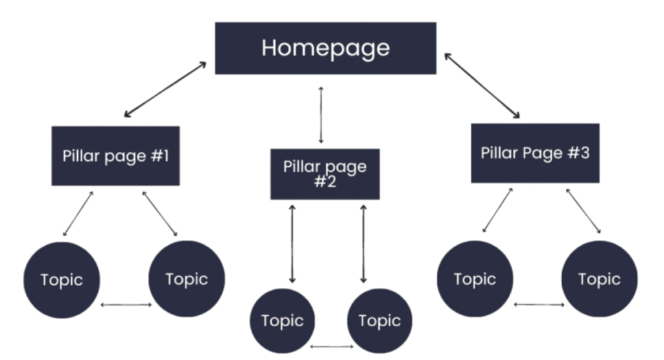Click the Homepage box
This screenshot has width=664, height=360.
tap(326, 48)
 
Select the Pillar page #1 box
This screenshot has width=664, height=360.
tap(115, 156)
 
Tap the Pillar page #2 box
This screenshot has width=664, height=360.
tap(325, 173)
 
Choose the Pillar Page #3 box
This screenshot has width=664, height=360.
tap(535, 153)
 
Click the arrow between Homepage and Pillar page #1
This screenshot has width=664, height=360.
tap(165, 90)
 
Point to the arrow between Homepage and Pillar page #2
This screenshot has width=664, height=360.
tap(320, 114)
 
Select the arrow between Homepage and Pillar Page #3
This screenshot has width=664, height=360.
tap(482, 86)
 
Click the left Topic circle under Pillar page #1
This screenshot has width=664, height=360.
tap(62, 280)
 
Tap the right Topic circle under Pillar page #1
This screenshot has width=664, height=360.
tap(187, 279)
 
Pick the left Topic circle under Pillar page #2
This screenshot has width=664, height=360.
tap(282, 320)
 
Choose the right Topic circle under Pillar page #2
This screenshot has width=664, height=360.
tap(379, 320)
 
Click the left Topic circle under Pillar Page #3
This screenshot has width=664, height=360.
tap(475, 279)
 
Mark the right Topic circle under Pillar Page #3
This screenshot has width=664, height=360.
tap(599, 279)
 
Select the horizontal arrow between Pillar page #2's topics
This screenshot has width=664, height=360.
tap(331, 346)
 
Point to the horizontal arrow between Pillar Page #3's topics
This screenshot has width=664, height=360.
tap(538, 304)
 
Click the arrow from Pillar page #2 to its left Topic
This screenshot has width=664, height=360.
tap(292, 243)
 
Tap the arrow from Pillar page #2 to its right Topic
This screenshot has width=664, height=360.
tap(363, 243)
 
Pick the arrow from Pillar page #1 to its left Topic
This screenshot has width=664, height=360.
tap(78, 213)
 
